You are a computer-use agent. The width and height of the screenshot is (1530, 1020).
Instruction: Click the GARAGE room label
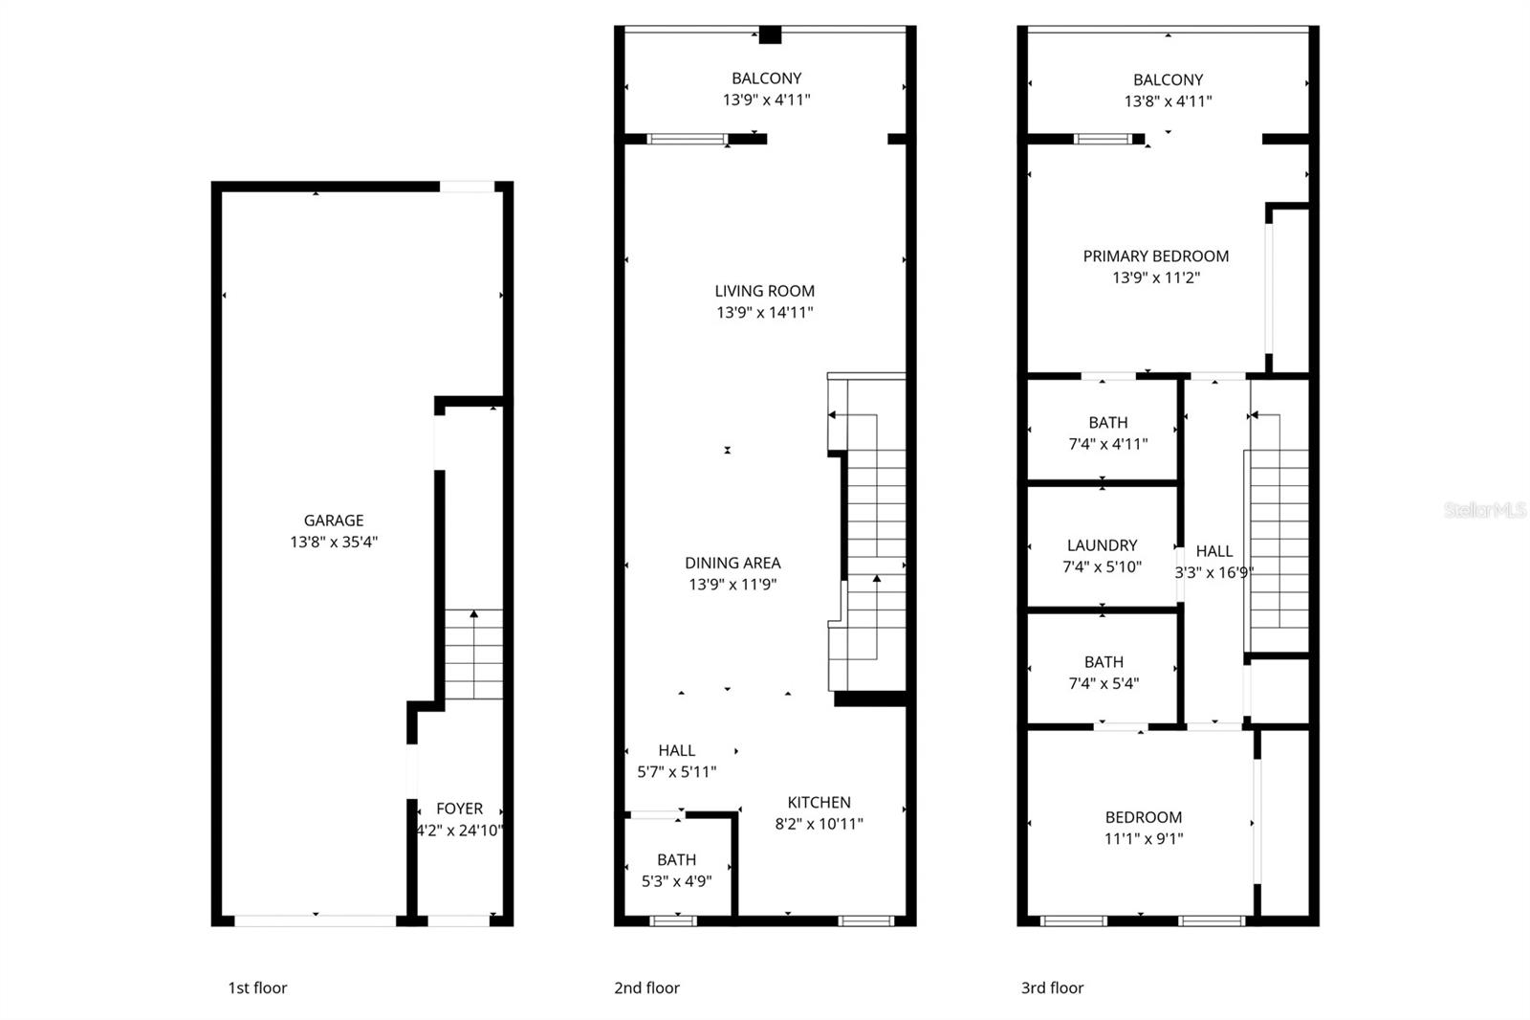(334, 521)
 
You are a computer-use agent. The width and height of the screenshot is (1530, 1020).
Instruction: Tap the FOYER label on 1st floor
(459, 809)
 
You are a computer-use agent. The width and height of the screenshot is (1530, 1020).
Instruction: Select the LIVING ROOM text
(765, 291)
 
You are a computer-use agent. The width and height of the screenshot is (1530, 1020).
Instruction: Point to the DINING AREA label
(732, 563)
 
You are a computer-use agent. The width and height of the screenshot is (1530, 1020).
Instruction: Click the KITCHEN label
(819, 802)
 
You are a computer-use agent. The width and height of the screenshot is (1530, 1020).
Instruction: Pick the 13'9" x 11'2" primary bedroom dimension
(1155, 277)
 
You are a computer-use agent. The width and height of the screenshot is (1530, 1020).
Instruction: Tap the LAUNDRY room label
(1102, 545)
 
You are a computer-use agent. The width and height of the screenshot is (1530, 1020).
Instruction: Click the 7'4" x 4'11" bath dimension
(1107, 444)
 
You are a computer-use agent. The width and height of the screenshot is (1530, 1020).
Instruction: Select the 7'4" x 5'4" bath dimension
(1104, 683)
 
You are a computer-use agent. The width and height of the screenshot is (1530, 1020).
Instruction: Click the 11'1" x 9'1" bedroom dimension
(1143, 838)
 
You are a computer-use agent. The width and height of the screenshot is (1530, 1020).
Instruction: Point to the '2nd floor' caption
(646, 987)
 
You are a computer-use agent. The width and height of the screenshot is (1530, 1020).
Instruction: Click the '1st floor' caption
(257, 987)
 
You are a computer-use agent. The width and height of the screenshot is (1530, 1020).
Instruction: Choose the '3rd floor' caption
(1052, 987)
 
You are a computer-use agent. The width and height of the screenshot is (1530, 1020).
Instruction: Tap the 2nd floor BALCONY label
(766, 78)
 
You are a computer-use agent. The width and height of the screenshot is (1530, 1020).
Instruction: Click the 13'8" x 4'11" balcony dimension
(1168, 100)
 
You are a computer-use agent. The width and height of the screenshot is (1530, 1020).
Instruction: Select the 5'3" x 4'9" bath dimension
(676, 880)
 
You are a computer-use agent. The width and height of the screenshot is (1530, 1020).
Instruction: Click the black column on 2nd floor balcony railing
(770, 35)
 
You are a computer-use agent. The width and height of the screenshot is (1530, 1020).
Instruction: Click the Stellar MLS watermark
(1484, 510)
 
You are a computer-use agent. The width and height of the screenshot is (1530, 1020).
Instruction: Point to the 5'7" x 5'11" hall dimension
(676, 771)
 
